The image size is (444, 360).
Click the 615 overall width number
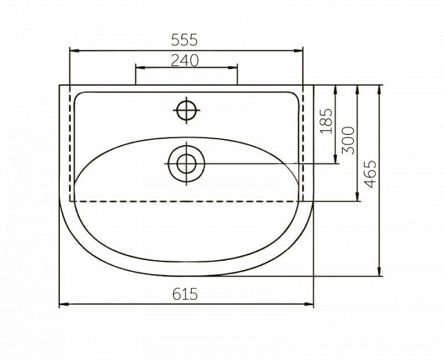click(185, 294)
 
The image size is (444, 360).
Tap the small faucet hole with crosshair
click(185, 110)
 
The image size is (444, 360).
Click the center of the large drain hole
click(185, 163)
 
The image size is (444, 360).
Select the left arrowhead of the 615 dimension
click(62, 304)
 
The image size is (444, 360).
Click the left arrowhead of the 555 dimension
click(73, 50)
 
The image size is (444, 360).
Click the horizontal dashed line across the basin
click(185, 201)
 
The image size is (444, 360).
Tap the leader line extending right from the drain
click(274, 163)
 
